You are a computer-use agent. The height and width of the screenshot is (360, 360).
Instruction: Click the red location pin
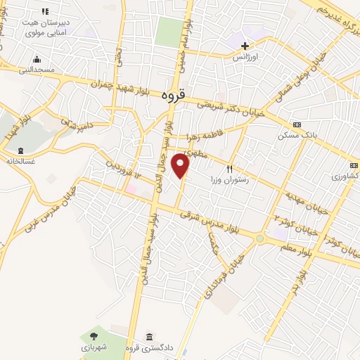click(x=181, y=166)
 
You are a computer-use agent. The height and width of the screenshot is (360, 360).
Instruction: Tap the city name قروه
click(x=173, y=99)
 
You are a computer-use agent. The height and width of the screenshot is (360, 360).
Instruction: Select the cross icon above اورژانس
click(x=244, y=46)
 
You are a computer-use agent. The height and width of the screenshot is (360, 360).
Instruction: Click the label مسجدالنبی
click(x=35, y=70)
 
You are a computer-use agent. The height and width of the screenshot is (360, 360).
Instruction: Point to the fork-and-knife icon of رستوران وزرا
click(x=229, y=169)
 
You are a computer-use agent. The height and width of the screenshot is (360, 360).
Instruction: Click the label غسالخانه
click(x=21, y=160)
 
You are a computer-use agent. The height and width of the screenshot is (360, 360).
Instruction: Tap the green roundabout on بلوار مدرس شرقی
click(x=260, y=239)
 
